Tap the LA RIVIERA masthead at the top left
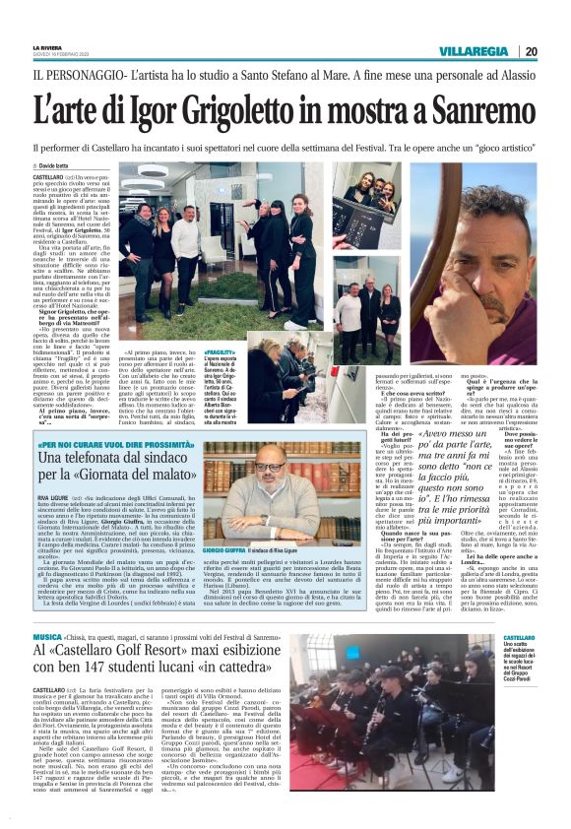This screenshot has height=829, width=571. (x=46, y=46)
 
